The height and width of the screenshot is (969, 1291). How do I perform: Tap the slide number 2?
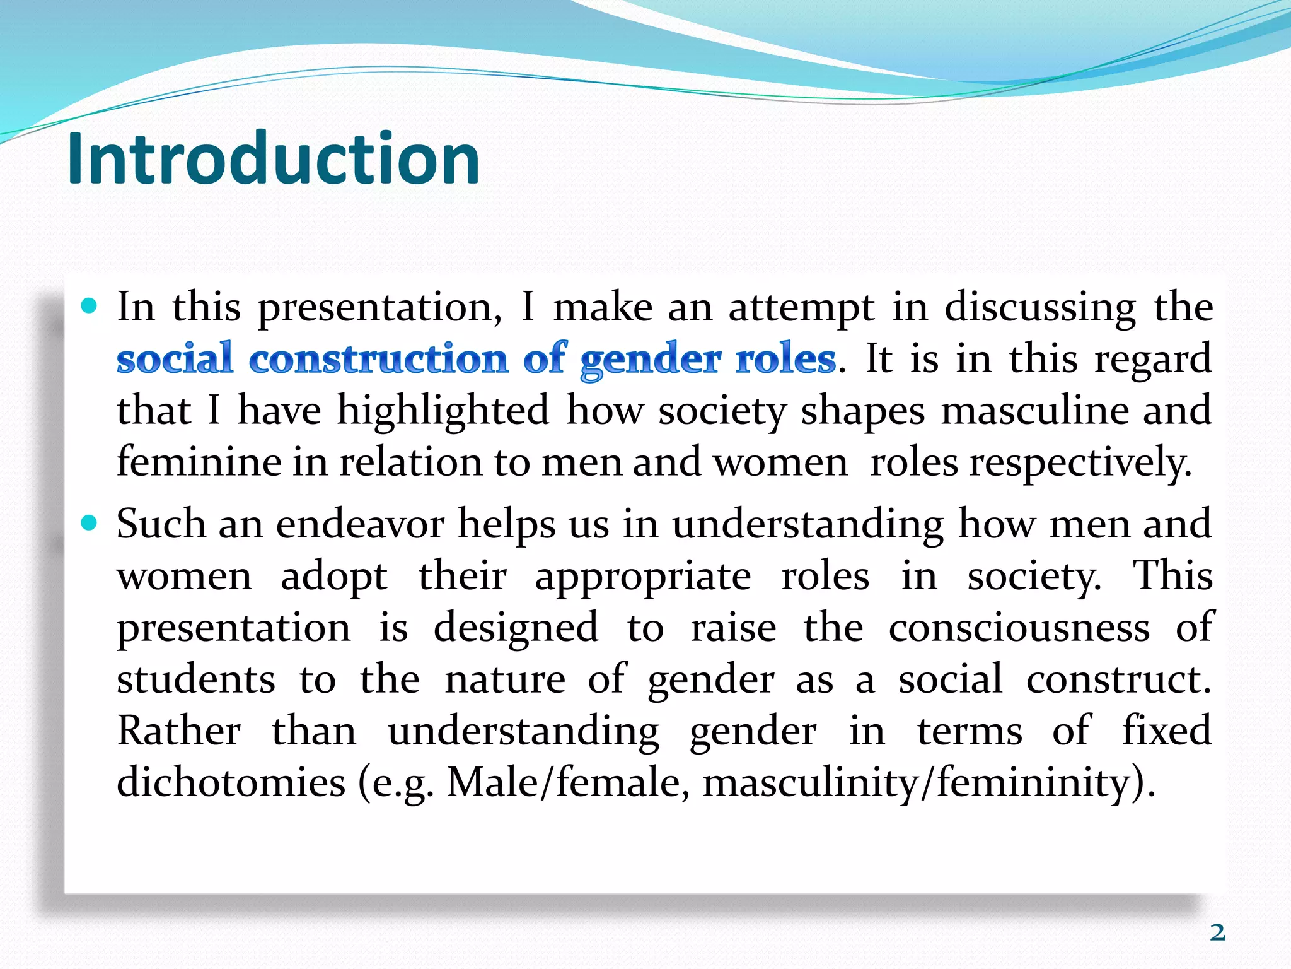tap(1217, 932)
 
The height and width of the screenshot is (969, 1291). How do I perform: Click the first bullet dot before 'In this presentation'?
tap(90, 307)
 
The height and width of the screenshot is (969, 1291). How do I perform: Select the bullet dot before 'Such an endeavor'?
tap(90, 523)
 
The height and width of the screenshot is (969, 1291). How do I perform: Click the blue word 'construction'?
tap(378, 359)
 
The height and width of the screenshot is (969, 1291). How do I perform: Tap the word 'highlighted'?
tap(443, 411)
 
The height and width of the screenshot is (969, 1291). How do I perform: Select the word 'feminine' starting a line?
tap(199, 462)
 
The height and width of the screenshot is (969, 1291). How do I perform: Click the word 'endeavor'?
tap(360, 524)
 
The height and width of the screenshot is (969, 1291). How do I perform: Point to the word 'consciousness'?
tap(1019, 628)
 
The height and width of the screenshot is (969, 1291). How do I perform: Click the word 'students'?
tap(196, 679)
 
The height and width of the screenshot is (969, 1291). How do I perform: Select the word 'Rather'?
tap(179, 731)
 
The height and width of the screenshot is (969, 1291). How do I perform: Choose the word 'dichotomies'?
tap(231, 783)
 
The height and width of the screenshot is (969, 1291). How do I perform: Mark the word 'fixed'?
tap(1166, 731)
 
